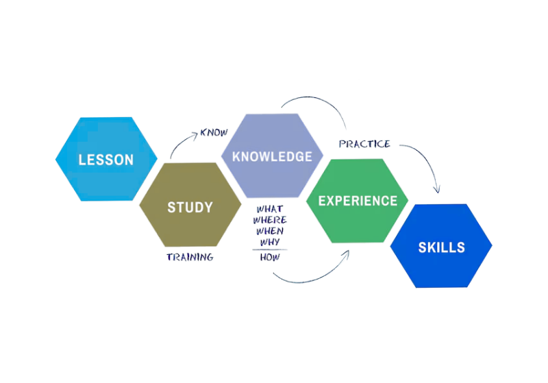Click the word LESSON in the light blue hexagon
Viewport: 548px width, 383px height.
(x=105, y=160)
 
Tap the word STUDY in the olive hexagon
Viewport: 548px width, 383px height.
(x=190, y=206)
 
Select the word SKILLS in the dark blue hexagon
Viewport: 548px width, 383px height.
(x=441, y=247)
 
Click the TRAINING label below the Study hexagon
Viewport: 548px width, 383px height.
(x=190, y=257)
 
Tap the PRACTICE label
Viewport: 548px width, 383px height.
(x=365, y=144)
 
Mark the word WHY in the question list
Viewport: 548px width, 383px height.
(x=269, y=242)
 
